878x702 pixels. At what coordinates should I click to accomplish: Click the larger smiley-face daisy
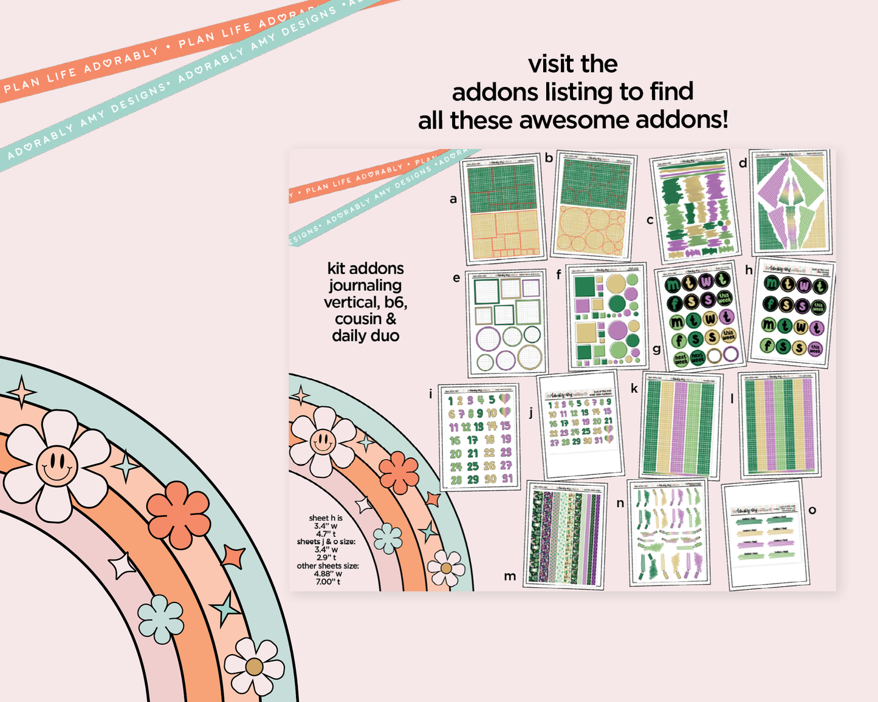(x=56, y=466)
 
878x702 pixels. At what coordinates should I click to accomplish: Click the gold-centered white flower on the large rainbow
(x=254, y=667)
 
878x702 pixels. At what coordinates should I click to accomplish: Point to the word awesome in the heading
(x=577, y=120)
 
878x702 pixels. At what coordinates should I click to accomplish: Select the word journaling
(x=365, y=285)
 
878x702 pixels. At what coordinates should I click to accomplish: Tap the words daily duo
(x=365, y=336)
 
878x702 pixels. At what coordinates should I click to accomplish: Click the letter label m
(x=510, y=576)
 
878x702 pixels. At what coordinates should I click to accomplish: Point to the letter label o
(x=812, y=510)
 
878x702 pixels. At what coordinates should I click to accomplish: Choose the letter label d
(x=743, y=163)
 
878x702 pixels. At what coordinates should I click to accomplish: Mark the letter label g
(x=657, y=349)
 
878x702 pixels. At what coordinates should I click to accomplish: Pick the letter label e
(x=456, y=278)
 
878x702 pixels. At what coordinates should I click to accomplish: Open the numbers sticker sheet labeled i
(x=479, y=437)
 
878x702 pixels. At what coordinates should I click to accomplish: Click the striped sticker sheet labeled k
(x=681, y=426)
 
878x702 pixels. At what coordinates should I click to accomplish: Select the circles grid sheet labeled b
(x=594, y=205)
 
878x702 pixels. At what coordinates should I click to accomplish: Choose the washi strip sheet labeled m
(x=564, y=536)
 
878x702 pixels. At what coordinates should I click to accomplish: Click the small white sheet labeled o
(x=766, y=534)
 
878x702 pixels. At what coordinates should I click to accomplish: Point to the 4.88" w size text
(x=328, y=573)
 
